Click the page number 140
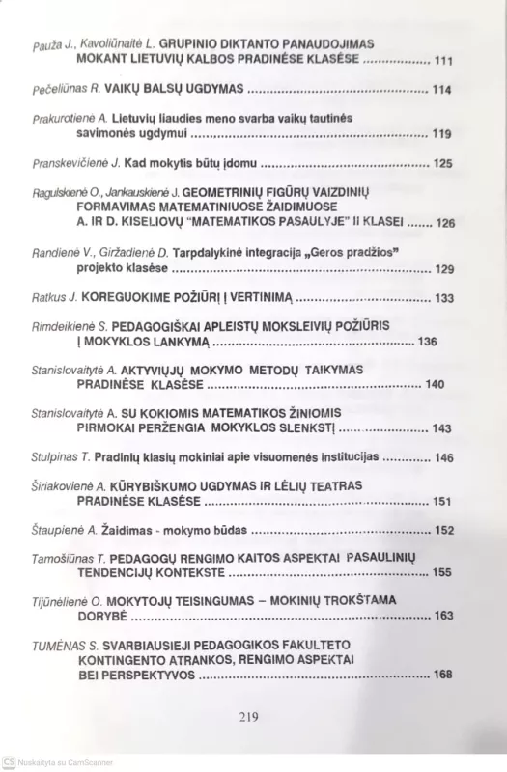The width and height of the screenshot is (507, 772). point(435,385)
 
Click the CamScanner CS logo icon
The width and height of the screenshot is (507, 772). point(9,763)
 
